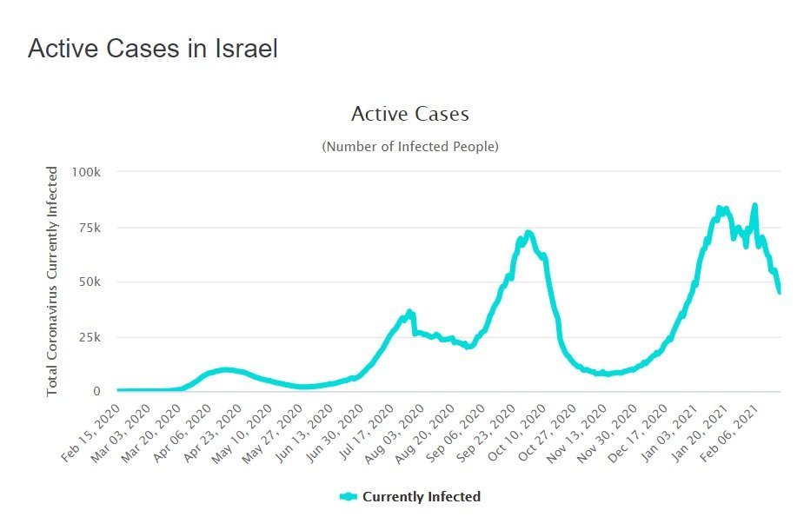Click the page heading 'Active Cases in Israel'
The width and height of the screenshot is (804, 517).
point(153,49)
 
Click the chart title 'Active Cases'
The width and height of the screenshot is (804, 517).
point(409,114)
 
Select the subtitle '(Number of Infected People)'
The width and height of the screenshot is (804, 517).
point(410,147)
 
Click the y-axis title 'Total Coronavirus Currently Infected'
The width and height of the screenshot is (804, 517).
point(52,281)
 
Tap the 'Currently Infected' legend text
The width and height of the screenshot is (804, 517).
point(421,497)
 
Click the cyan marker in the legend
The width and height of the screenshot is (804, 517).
point(349,497)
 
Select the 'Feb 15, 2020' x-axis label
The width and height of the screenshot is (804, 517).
point(91,426)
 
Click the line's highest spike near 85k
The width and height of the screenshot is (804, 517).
point(754,206)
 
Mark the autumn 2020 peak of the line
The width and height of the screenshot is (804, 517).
point(528,233)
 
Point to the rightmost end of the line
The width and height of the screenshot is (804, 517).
point(780,292)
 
